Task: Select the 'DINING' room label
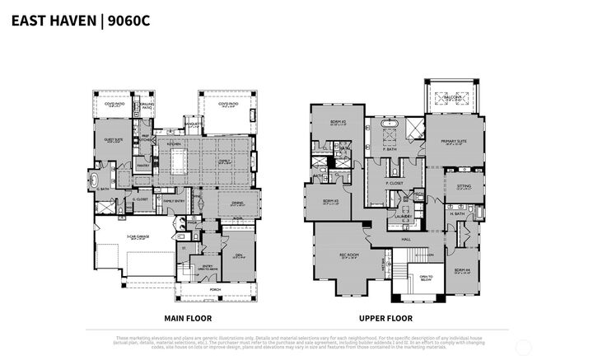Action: point(238,203)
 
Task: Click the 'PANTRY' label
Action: point(142,166)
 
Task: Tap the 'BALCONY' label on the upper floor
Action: point(451,96)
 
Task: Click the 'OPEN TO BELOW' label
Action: point(426,277)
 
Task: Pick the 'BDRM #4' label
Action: point(461,269)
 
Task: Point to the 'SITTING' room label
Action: point(464,187)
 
